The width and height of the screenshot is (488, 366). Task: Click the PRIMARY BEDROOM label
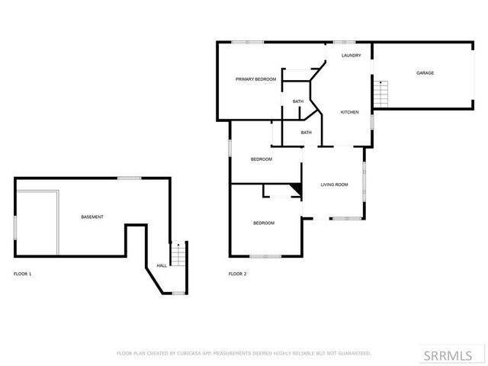[255, 79]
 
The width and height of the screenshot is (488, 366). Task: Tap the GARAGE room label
[425, 73]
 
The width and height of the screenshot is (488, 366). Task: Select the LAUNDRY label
[351, 56]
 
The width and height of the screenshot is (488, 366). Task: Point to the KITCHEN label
[349, 112]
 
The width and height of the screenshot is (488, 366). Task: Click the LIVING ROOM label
[334, 185]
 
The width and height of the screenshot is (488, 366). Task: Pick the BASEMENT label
[92, 217]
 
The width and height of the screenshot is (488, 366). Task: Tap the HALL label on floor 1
[162, 265]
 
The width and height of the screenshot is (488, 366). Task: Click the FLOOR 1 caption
[23, 274]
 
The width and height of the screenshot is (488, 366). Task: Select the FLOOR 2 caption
[238, 274]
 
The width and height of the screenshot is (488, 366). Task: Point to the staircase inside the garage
[381, 95]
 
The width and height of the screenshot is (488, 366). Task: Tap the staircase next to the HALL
[178, 254]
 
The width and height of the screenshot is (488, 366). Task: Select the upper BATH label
[297, 101]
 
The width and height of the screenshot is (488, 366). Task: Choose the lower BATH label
[306, 133]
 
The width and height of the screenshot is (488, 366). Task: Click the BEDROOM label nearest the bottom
[264, 223]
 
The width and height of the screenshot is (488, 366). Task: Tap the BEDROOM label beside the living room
[262, 159]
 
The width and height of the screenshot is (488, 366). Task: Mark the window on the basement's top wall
[129, 178]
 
